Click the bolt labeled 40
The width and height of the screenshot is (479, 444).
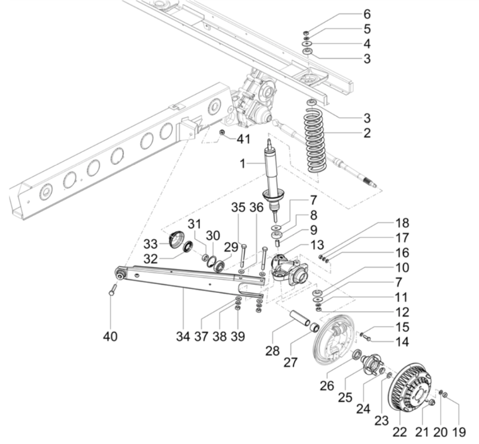click(112, 289)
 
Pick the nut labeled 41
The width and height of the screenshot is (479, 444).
click(223, 132)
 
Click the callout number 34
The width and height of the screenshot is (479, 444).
click(183, 336)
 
